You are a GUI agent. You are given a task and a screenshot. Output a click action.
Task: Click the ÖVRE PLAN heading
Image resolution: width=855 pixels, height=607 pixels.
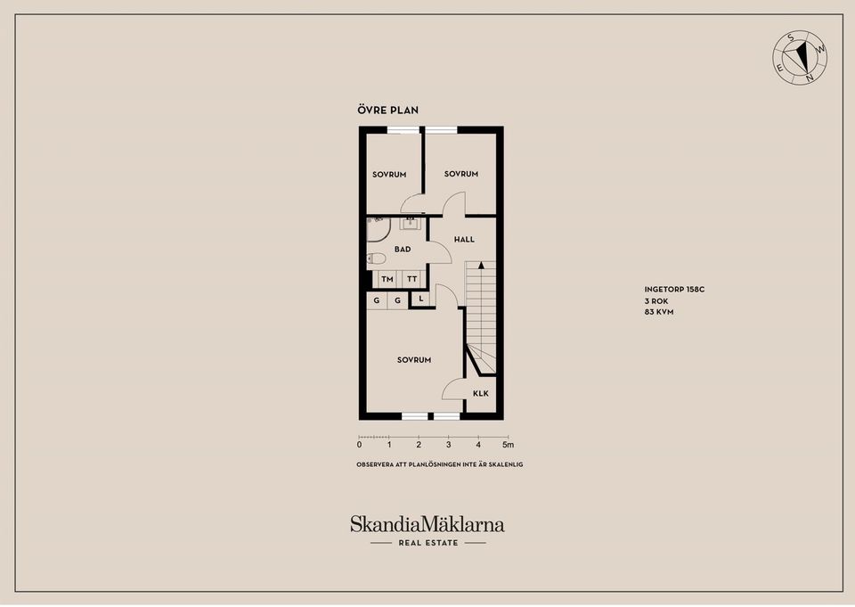pyautogui.click(x=387, y=110)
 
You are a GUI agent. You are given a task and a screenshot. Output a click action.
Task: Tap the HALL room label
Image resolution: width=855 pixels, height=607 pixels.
pyautogui.click(x=464, y=239)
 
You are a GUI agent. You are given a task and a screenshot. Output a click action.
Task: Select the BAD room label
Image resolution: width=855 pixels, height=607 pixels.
pyautogui.click(x=403, y=249)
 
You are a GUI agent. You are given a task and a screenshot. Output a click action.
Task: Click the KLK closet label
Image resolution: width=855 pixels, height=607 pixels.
pyautogui.click(x=480, y=393)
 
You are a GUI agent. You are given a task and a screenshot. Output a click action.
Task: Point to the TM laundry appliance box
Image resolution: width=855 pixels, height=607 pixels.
pyautogui.click(x=387, y=279)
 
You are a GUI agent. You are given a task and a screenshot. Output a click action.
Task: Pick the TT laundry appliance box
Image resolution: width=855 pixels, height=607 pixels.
pyautogui.click(x=412, y=279)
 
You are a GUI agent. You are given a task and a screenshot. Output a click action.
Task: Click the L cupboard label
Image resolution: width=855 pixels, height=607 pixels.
pyautogui.click(x=421, y=299)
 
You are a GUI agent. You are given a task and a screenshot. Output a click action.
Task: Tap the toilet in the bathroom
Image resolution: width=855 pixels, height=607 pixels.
pyautogui.click(x=376, y=258)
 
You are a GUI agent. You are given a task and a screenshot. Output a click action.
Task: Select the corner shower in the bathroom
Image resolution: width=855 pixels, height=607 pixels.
pyautogui.click(x=378, y=229)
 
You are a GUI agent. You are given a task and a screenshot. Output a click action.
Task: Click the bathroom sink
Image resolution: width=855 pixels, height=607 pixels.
pyautogui.click(x=410, y=223)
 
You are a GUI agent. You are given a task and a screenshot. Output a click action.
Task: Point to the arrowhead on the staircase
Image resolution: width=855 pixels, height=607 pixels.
pyautogui.click(x=481, y=266)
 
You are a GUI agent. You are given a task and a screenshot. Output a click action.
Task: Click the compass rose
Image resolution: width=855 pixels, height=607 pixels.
pyautogui.click(x=800, y=58)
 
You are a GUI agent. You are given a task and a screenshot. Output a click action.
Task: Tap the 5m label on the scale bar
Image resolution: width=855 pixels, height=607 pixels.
pyautogui.click(x=508, y=445)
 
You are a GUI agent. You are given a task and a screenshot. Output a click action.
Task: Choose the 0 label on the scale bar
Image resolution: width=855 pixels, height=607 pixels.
pyautogui.click(x=359, y=445)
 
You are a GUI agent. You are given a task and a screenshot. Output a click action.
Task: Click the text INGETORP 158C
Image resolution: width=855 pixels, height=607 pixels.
pyautogui.click(x=674, y=290)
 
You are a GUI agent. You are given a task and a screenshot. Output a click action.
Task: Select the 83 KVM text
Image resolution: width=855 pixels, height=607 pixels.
pyautogui.click(x=659, y=312)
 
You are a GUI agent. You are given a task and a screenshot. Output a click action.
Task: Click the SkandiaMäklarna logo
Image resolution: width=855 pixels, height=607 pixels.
pyautogui.click(x=427, y=525)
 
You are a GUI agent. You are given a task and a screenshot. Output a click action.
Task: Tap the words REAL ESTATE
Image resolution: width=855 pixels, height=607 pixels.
pyautogui.click(x=428, y=543)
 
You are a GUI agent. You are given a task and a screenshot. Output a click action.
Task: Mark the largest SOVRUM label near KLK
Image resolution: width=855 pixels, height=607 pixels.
pyautogui.click(x=414, y=360)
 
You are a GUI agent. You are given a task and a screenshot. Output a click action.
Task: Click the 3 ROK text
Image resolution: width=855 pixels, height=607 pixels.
pyautogui.click(x=656, y=301)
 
